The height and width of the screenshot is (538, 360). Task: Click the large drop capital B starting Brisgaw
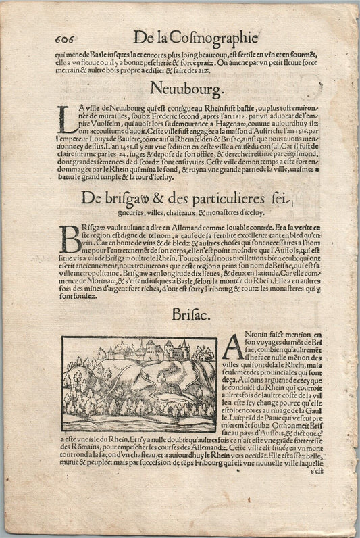(70, 239)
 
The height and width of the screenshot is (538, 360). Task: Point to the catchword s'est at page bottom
(317, 491)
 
